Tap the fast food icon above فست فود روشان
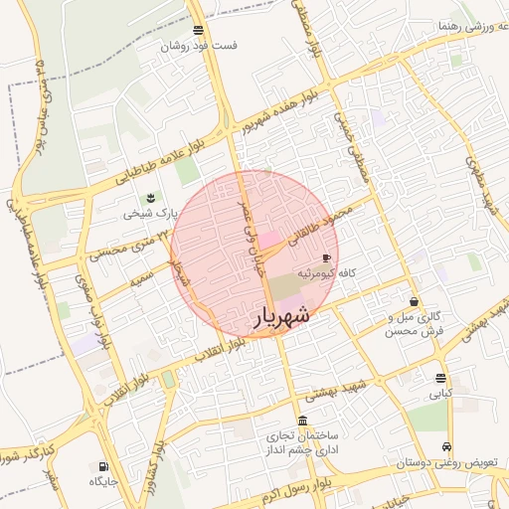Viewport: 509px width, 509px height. click(x=199, y=30)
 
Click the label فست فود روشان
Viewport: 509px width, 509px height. click(x=200, y=46)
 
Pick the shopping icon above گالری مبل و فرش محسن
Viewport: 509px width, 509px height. click(x=414, y=301)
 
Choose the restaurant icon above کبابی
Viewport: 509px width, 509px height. click(x=440, y=378)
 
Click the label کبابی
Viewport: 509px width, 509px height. click(x=439, y=394)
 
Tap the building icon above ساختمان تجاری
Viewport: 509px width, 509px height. click(x=302, y=421)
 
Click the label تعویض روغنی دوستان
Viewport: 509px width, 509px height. click(x=438, y=463)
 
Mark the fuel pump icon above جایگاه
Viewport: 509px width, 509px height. click(x=104, y=465)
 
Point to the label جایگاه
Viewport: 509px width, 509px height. click(x=104, y=481)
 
